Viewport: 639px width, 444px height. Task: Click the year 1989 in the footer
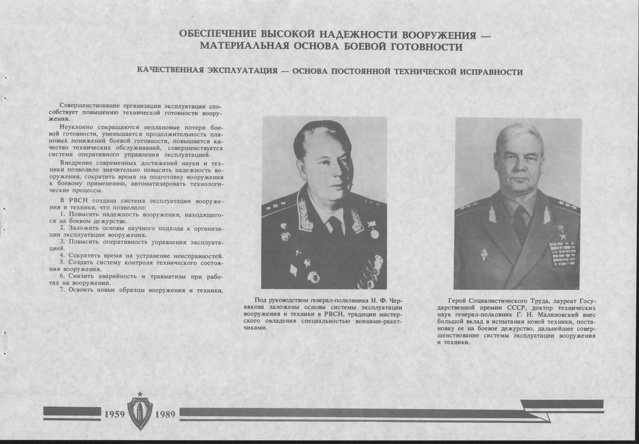coord(165,414)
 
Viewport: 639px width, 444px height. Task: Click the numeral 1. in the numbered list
coord(63,214)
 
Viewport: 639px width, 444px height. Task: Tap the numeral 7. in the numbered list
coord(63,290)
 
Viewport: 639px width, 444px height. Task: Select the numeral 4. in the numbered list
coord(63,256)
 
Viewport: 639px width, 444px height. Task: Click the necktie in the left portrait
coord(335,226)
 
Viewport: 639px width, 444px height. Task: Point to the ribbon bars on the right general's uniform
coord(562,253)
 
